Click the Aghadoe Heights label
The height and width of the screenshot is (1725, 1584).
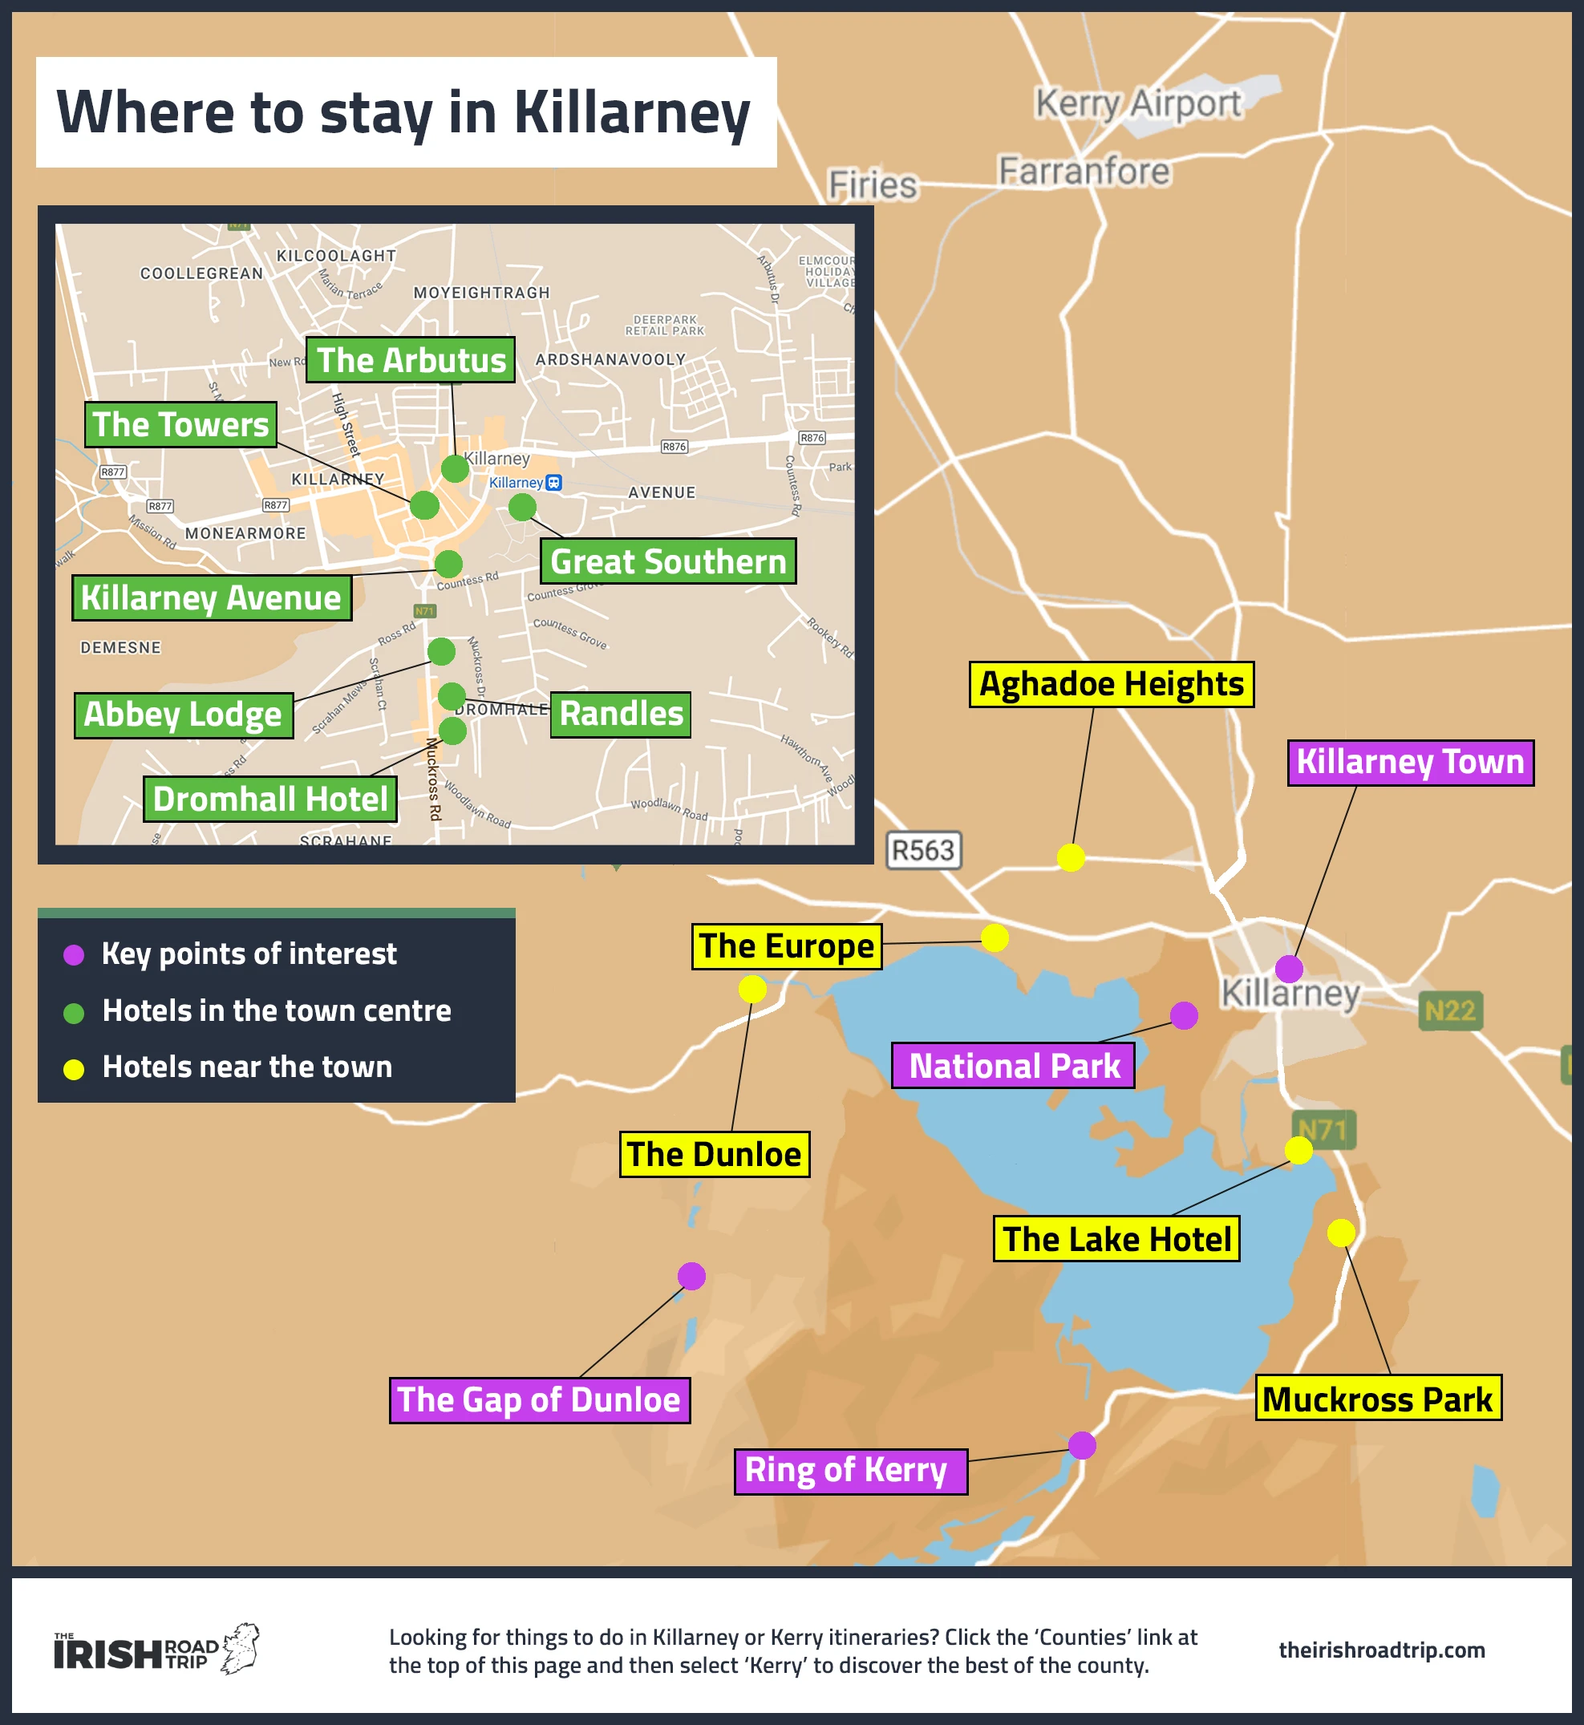tap(1111, 684)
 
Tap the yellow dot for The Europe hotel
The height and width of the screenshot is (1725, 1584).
tap(995, 937)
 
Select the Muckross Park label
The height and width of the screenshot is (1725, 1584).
tap(1377, 1399)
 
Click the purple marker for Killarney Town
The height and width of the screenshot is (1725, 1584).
tap(1288, 968)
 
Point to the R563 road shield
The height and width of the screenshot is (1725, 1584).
tap(923, 850)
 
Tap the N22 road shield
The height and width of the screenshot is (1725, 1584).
tap(1449, 1011)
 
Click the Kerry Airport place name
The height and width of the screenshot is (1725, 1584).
tap(1137, 103)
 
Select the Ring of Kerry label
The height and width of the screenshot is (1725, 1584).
tap(850, 1471)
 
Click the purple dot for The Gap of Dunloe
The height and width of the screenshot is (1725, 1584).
tap(691, 1276)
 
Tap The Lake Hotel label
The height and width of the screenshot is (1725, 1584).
tap(1116, 1238)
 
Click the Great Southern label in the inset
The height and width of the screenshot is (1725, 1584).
tap(668, 561)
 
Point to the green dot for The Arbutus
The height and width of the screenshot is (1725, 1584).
tap(454, 468)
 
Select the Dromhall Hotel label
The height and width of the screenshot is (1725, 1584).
tap(270, 799)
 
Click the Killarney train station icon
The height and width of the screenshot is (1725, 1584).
tap(554, 483)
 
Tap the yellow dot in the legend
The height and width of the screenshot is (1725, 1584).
tap(74, 1068)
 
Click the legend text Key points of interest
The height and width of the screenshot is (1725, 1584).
tap(249, 954)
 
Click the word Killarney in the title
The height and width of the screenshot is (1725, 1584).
tap(632, 112)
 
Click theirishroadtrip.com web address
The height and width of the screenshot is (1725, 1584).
tap(1381, 1650)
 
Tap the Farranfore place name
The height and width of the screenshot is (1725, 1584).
tap(1084, 172)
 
